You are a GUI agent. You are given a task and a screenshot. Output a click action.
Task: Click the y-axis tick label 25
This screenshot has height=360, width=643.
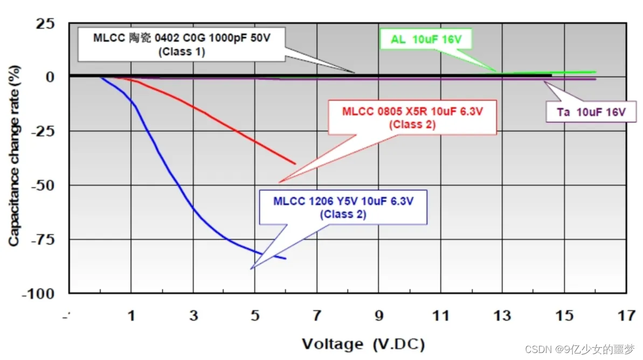click(x=45, y=24)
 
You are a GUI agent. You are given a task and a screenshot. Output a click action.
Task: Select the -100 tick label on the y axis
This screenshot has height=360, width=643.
click(x=39, y=294)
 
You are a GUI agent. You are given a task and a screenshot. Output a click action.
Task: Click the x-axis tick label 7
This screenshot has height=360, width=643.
click(x=317, y=316)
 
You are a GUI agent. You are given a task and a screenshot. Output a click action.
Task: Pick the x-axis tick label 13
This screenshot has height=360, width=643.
click(x=502, y=316)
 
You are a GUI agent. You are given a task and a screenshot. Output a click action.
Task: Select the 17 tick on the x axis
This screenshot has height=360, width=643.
click(x=626, y=316)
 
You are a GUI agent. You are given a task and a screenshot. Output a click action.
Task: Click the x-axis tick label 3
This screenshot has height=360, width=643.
click(x=193, y=316)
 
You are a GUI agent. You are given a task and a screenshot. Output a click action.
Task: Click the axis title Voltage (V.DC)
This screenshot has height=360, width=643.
click(x=363, y=344)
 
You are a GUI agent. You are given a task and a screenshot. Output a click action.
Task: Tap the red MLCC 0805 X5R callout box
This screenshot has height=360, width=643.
click(x=412, y=117)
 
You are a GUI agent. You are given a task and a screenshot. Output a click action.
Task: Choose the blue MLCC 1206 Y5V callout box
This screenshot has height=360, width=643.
click(x=343, y=206)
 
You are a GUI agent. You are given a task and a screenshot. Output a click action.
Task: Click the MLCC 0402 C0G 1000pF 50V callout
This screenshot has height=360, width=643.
click(x=182, y=44)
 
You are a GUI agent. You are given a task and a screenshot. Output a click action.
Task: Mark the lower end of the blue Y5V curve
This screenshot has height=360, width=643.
click(x=286, y=259)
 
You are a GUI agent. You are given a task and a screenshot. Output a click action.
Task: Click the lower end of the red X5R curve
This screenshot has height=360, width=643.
click(x=295, y=163)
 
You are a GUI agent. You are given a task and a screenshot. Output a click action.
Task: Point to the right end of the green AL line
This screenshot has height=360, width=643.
click(x=595, y=72)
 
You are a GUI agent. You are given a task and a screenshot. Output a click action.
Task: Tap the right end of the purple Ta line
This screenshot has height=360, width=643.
click(x=595, y=79)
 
